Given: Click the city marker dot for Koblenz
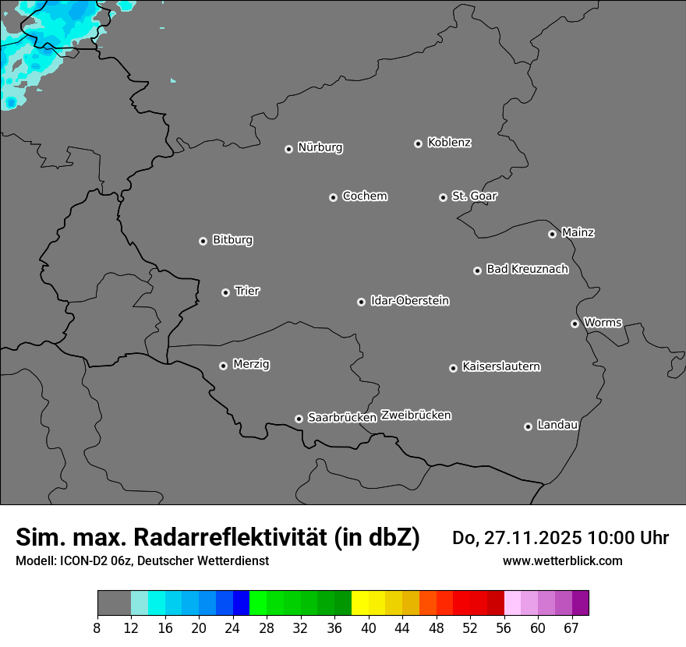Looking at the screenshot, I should pos(419,143).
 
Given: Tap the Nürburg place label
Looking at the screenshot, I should pos(320,147).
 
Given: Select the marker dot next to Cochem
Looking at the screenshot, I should pos(333,197).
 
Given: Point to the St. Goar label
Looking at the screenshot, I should pos(474,196).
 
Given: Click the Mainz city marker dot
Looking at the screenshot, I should pos(552,234).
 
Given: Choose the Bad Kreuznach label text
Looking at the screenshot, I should pos(527,269).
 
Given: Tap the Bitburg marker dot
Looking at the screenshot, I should pos(203,241).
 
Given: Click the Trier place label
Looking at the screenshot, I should pos(247,291).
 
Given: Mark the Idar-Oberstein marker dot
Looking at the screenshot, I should pos(361,302).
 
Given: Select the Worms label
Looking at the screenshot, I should pos(603,322).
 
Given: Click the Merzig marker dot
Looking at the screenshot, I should pos(223,366).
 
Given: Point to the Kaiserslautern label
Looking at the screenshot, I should pos(500,366).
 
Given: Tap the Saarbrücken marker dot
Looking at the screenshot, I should pos(299,419).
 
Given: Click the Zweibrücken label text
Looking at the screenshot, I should pos(415,415).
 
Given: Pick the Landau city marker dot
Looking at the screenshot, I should pos(528,426).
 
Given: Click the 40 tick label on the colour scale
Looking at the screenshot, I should pos(368,628).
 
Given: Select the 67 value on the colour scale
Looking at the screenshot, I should pos(571,628).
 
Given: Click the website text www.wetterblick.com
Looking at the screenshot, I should pos(562,560).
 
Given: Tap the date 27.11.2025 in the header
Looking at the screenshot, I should pos(532,538).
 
